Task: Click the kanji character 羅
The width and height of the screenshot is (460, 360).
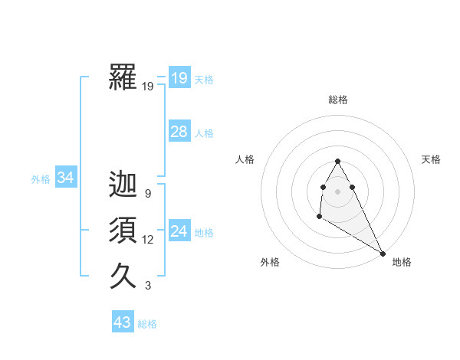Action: pyautogui.click(x=123, y=77)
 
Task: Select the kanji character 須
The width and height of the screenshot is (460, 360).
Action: pyautogui.click(x=123, y=231)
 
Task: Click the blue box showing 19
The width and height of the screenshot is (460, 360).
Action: pyautogui.click(x=179, y=77)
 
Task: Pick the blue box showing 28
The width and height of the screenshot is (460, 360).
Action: pyautogui.click(x=179, y=132)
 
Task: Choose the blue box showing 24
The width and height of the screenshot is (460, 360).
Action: pyautogui.click(x=179, y=231)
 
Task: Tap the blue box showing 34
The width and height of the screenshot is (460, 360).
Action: pyautogui.click(x=65, y=178)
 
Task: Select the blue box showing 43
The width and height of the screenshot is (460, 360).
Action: pyautogui.click(x=123, y=322)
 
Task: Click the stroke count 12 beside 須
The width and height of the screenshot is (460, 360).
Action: pyautogui.click(x=147, y=240)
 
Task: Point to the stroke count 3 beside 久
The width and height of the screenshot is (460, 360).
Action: pyautogui.click(x=147, y=286)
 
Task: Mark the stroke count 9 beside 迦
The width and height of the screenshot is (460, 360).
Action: pyautogui.click(x=147, y=194)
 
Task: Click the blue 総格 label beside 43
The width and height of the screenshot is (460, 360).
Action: pyautogui.click(x=147, y=324)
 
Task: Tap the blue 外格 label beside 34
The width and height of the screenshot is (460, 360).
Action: pyautogui.click(x=41, y=179)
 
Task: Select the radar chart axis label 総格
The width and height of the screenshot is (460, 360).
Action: pyautogui.click(x=338, y=100)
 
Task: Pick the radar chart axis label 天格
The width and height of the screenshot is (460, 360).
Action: pyautogui.click(x=431, y=159)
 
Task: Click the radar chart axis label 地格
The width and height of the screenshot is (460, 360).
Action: pyautogui.click(x=402, y=262)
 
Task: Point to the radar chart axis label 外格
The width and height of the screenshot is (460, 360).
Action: pyautogui.click(x=270, y=262)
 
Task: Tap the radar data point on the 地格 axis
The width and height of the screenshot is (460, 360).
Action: pyautogui.click(x=383, y=253)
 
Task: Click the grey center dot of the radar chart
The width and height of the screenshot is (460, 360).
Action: pyautogui.click(x=338, y=191)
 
